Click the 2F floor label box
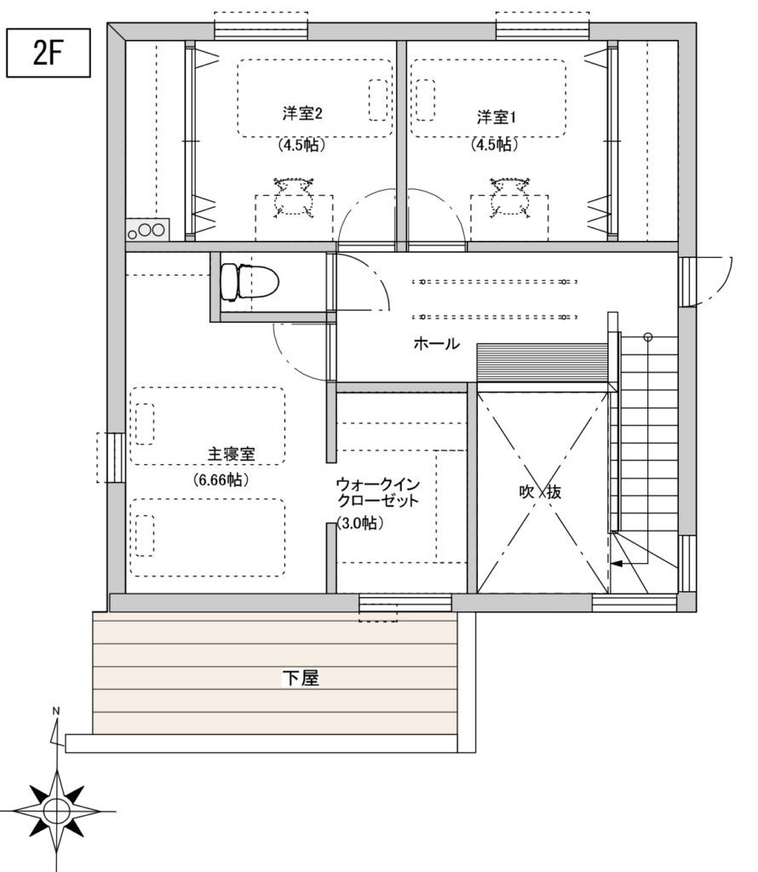[49, 54]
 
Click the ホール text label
[436, 344]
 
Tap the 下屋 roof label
[300, 679]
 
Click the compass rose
[56, 808]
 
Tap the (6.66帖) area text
[221, 480]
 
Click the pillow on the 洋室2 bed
[376, 100]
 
